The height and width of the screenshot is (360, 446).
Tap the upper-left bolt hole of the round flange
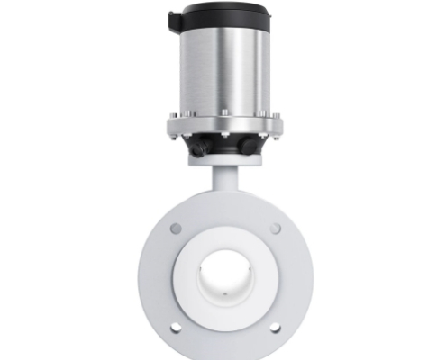point(176,229)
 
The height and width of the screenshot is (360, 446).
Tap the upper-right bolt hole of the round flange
point(275,229)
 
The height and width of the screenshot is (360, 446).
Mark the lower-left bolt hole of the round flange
point(176,327)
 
